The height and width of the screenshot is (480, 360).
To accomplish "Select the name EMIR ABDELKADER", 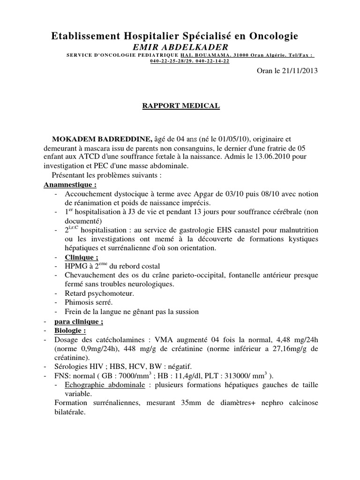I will (181, 47).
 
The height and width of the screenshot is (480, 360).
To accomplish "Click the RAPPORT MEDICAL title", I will (181, 106).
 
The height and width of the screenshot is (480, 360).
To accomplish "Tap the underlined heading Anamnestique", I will (67, 185).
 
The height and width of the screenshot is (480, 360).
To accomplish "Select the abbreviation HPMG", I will (77, 266).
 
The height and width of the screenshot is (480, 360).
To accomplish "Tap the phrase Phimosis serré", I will (90, 302).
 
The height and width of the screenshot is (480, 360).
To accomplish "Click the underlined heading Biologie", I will (71, 330).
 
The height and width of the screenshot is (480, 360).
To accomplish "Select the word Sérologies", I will (73, 366).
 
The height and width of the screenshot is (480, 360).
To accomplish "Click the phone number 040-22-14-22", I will (212, 61).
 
